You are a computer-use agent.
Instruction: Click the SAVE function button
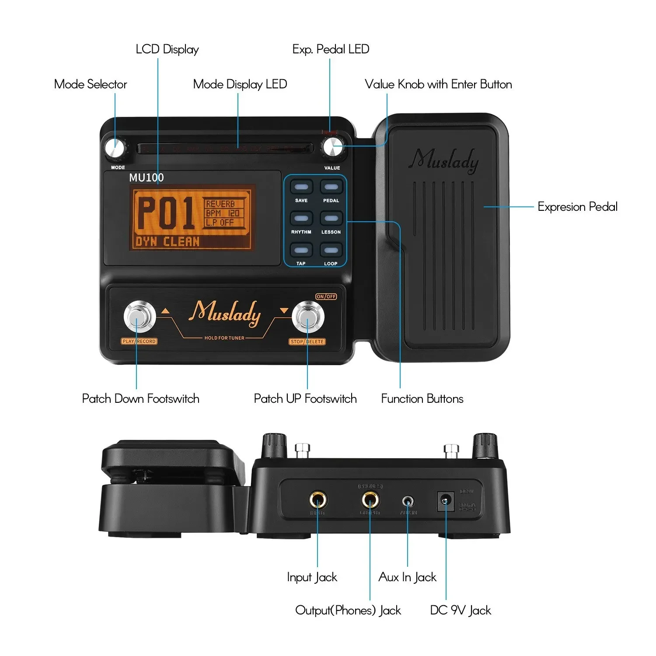pyautogui.click(x=301, y=188)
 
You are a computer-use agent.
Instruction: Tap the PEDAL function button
pyautogui.click(x=331, y=188)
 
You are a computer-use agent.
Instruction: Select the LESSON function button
pyautogui.click(x=331, y=219)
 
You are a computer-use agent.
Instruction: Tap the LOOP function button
pyautogui.click(x=331, y=251)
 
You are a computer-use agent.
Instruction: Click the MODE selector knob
pyautogui.click(x=115, y=148)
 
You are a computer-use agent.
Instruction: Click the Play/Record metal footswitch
pyautogui.click(x=140, y=317)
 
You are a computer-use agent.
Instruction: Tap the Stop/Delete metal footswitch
pyautogui.click(x=308, y=317)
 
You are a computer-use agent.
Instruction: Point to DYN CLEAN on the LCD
pyautogui.click(x=167, y=242)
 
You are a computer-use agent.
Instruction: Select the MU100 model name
pyautogui.click(x=147, y=178)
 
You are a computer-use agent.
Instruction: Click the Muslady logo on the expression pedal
pyautogui.click(x=444, y=161)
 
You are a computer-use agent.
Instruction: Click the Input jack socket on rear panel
pyautogui.click(x=318, y=499)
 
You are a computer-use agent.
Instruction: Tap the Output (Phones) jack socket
pyautogui.click(x=370, y=499)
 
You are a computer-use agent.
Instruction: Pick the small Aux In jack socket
pyautogui.click(x=408, y=501)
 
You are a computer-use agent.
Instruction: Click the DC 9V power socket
pyautogui.click(x=445, y=501)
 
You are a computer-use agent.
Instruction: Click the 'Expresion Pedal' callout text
pyautogui.click(x=577, y=207)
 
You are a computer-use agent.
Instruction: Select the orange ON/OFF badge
pyautogui.click(x=326, y=297)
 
